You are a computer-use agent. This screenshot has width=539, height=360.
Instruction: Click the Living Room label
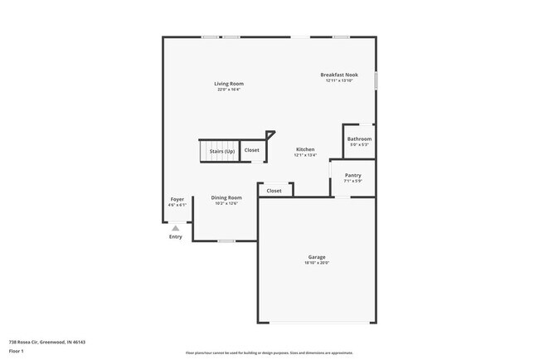tap(229, 84)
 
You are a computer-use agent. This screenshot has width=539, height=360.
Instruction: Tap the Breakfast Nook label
tap(339, 75)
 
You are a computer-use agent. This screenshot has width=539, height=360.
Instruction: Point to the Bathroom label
tap(359, 139)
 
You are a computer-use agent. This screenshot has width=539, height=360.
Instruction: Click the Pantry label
tap(353, 175)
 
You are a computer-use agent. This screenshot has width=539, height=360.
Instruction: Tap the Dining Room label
tap(226, 197)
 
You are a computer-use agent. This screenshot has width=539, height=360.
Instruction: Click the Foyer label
tap(177, 199)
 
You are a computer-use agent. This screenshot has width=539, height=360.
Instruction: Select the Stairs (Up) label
tap(221, 151)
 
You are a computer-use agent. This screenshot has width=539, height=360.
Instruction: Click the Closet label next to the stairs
tap(251, 150)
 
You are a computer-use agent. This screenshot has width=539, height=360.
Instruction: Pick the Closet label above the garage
tap(274, 191)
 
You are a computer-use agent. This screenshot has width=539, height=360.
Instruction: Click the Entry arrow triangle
tap(176, 227)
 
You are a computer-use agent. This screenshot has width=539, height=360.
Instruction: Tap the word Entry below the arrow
tap(176, 237)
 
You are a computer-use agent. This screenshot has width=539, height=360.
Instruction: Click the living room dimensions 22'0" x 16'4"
tap(229, 90)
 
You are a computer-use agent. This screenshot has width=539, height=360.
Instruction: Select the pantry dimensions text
tap(353, 181)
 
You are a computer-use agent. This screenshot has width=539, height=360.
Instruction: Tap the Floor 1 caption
tap(17, 351)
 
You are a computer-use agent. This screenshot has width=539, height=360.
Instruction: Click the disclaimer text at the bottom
tap(269, 353)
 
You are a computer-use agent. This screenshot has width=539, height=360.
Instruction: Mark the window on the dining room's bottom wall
tap(226, 241)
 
